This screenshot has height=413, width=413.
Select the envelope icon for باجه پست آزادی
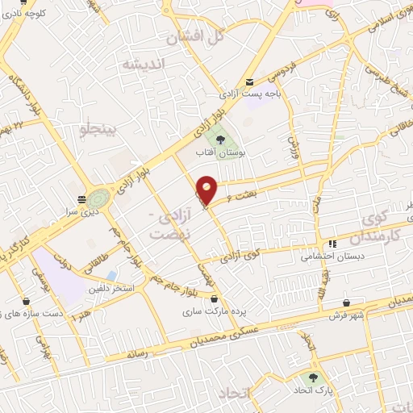250,81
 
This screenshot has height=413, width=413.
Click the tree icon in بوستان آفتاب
221,140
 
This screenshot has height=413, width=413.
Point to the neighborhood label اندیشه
143,63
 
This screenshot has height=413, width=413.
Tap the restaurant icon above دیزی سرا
81,198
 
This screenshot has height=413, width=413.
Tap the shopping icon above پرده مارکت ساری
189,297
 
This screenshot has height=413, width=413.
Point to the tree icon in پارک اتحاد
310,378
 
